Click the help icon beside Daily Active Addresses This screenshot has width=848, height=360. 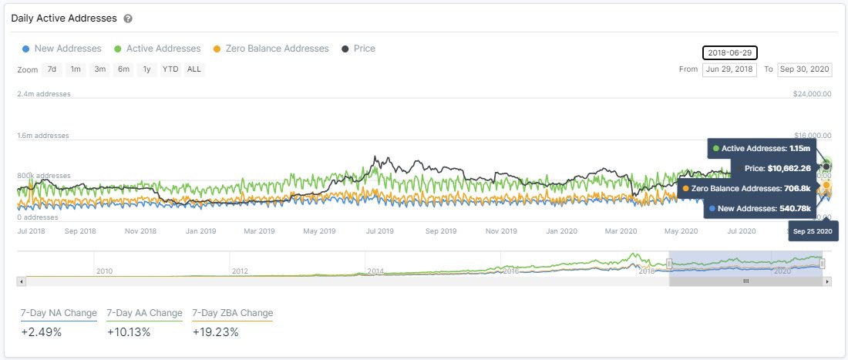[x=128, y=18]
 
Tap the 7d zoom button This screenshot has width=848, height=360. [x=52, y=69]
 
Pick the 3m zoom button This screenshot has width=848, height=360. [x=99, y=69]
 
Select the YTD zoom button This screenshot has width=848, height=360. [x=170, y=69]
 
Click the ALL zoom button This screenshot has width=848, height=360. [x=194, y=69]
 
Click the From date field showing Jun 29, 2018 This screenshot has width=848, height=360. [x=729, y=69]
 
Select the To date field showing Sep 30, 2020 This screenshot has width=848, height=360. [x=804, y=69]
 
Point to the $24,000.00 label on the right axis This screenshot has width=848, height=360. [x=811, y=94]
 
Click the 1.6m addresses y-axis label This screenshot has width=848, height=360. [x=43, y=136]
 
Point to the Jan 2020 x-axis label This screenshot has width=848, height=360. [x=562, y=230]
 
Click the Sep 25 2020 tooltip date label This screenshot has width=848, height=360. [x=813, y=231]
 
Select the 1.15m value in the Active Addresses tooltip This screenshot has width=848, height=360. [x=799, y=148]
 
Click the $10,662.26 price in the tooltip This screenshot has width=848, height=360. [x=789, y=168]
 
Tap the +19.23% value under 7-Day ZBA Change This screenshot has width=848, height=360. [x=215, y=332]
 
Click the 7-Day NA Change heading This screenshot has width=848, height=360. [x=59, y=313]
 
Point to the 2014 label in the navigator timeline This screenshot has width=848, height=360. [x=375, y=271]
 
